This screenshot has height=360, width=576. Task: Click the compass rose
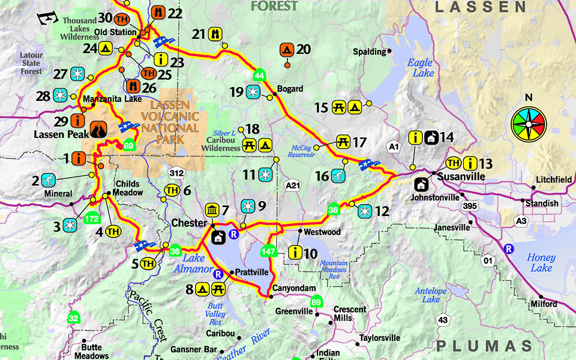click(x=529, y=125)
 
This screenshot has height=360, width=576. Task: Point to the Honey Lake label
click(x=541, y=262)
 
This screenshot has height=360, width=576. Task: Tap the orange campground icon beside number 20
click(x=287, y=49)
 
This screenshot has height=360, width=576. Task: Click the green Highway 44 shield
click(x=259, y=76)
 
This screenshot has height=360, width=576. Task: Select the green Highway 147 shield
click(x=269, y=250)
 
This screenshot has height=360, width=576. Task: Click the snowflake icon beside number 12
click(x=365, y=211)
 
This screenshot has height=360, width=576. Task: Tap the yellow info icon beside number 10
click(x=295, y=253)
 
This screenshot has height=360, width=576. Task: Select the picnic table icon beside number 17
click(x=344, y=142)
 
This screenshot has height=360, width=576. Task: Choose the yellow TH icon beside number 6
click(x=172, y=191)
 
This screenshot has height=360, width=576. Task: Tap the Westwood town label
click(x=322, y=232)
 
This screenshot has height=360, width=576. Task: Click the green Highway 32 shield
click(x=74, y=318)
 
